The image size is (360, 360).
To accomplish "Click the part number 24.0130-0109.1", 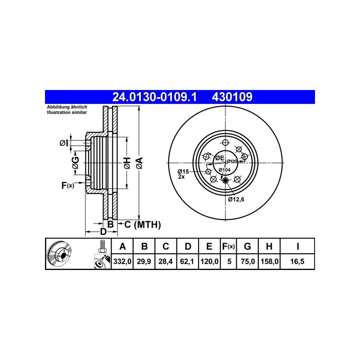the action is point(154,97).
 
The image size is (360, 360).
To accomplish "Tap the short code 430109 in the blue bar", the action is point(232,97).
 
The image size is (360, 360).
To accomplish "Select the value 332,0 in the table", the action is point(122,261).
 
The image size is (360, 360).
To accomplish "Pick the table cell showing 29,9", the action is point(144,261).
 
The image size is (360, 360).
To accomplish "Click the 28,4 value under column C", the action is point(166,261).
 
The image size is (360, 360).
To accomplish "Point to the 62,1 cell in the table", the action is point(187,261).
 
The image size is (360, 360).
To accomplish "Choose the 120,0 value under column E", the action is point(209,261).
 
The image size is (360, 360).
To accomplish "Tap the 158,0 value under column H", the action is point(270,261).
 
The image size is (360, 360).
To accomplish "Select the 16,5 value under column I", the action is point(297,261).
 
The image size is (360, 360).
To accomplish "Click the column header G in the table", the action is point(247,246).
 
